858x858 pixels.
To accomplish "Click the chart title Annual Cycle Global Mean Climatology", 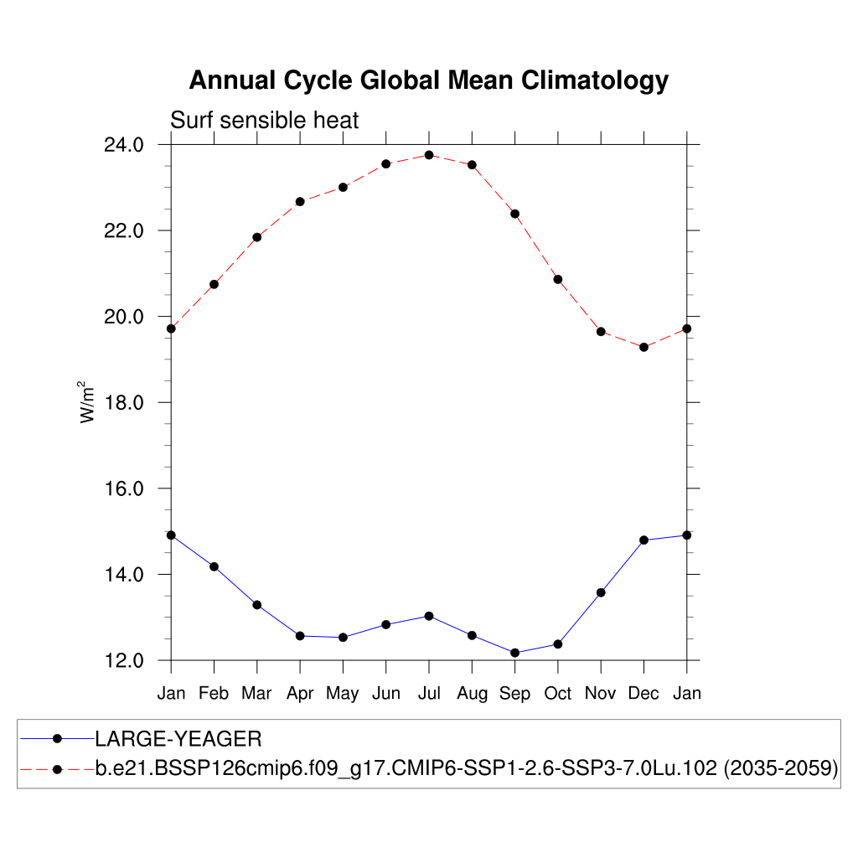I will point(428,80).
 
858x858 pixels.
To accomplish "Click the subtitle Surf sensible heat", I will point(264,121).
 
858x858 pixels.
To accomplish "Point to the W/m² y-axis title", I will point(87,402).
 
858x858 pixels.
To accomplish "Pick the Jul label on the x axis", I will point(429,694).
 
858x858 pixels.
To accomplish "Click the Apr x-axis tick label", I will point(300,694).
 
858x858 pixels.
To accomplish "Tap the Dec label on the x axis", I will point(643,694).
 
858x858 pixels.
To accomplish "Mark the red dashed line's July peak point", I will point(429,155).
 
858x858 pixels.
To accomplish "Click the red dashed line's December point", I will point(643,347).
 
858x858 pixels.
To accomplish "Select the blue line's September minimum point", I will point(515,653).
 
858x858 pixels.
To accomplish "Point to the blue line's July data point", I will point(429,616).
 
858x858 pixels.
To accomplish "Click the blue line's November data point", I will point(601,592).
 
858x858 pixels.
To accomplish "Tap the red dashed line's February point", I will point(214,284).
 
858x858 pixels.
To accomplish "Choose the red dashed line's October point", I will point(558,279).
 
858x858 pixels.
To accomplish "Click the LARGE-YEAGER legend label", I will point(178,739).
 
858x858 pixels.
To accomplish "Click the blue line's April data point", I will point(300,636).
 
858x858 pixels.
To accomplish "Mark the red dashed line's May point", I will point(343,187).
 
